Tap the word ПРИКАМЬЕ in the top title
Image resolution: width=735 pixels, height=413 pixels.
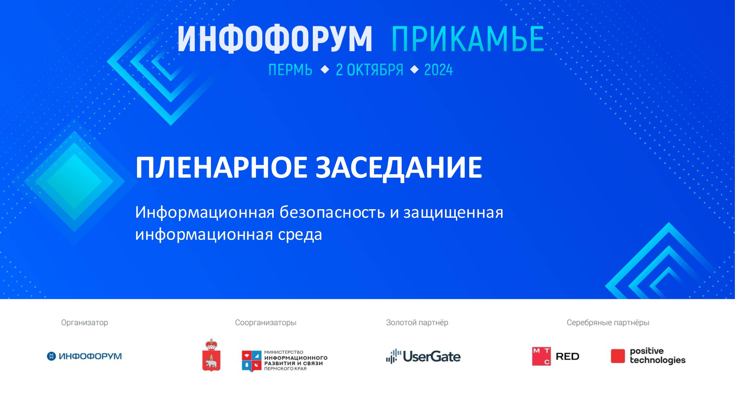468,39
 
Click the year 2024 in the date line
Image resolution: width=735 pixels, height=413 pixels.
438,70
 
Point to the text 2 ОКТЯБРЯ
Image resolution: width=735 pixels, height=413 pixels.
369,70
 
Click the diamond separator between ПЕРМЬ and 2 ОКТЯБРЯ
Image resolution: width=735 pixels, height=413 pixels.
325,69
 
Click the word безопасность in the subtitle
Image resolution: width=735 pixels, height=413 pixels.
332,212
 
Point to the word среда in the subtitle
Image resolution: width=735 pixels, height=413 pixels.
300,235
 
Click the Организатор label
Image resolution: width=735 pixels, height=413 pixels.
85,323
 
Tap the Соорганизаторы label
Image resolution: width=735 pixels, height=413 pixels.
266,323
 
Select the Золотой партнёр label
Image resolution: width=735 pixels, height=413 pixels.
417,323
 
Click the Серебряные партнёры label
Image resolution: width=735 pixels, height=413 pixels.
608,323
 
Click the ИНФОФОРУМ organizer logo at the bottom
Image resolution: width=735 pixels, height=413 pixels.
85,356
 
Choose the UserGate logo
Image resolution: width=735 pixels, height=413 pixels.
423,356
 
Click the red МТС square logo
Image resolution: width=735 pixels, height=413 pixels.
541,356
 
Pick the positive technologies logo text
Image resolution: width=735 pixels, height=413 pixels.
657,356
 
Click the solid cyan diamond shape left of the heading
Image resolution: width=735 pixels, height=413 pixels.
74,182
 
